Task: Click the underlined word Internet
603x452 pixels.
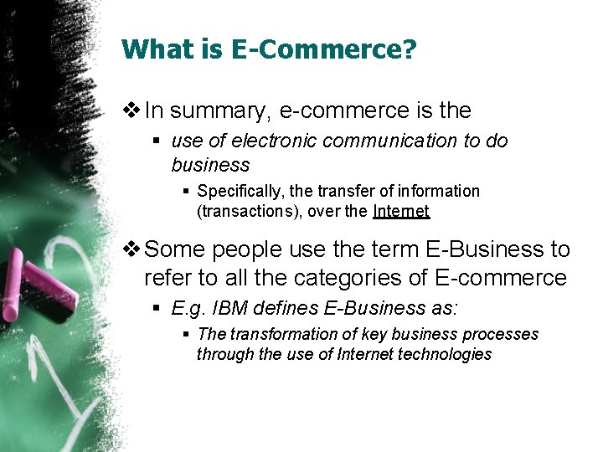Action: pyautogui.click(x=401, y=212)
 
